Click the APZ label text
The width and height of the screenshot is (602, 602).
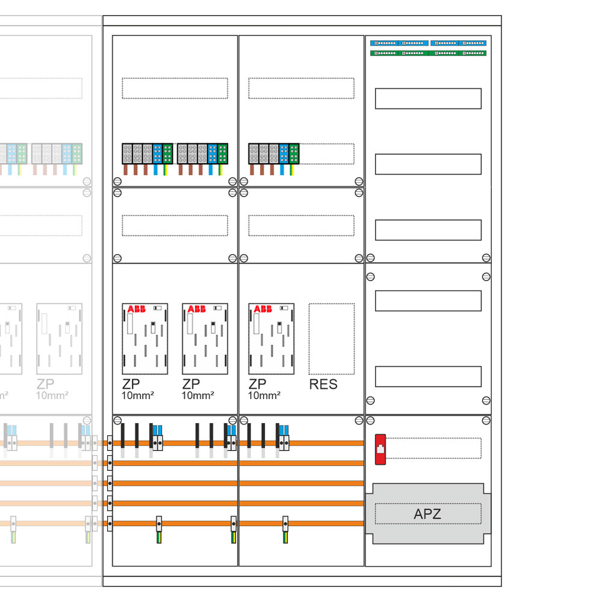pyautogui.click(x=427, y=514)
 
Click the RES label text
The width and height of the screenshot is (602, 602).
pyautogui.click(x=323, y=384)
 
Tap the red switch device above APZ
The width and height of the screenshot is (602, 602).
pyautogui.click(x=380, y=450)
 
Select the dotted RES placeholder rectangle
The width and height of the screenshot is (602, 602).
pyautogui.click(x=332, y=339)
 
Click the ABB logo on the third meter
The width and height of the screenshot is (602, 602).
pyautogui.click(x=263, y=309)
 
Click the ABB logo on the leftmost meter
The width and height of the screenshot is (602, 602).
pyautogui.click(x=136, y=309)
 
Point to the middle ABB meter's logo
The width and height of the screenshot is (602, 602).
pyautogui.click(x=197, y=309)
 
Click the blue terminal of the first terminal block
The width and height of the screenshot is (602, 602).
pyautogui.click(x=157, y=154)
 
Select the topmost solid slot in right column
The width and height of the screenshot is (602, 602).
pyautogui.click(x=428, y=99)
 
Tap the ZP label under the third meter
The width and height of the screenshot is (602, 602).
pyautogui.click(x=257, y=384)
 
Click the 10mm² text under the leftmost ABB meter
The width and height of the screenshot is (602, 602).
pyautogui.click(x=138, y=396)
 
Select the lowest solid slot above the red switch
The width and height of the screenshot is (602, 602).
pyautogui.click(x=428, y=377)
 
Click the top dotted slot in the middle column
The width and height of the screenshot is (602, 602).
pyautogui.click(x=302, y=88)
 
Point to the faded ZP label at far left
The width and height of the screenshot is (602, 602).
pyautogui.click(x=45, y=384)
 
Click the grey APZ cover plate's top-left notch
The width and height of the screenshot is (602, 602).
pyautogui.click(x=373, y=483)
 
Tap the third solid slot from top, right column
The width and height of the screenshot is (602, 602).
pyautogui.click(x=428, y=230)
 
